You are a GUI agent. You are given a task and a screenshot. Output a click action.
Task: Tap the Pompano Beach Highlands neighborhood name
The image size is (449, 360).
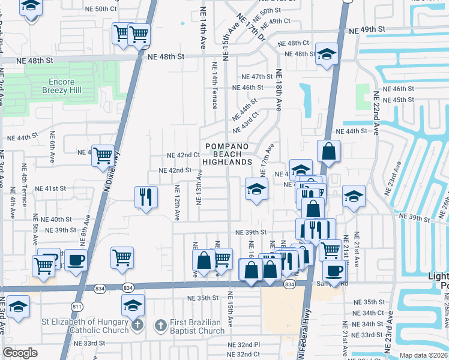tap(227, 154)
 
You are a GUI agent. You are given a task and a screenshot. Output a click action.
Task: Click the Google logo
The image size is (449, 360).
tap(20, 353)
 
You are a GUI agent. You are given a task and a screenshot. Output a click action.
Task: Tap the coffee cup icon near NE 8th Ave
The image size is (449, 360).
tap(76, 260)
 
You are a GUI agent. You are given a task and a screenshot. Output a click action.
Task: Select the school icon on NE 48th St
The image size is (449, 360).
tap(326, 55)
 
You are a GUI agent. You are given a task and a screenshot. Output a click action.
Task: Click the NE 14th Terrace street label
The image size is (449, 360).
tap(214, 84)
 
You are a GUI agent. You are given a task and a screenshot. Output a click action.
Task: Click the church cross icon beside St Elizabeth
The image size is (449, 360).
tap(137, 326)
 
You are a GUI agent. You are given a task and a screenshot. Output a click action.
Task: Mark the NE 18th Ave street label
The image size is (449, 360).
tap(278, 90)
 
